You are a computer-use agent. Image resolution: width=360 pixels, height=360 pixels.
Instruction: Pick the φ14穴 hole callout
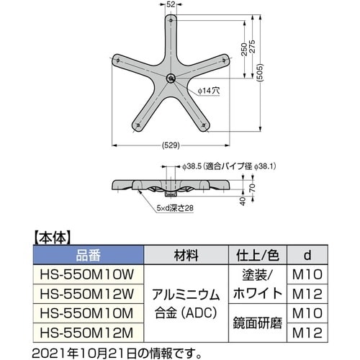209,91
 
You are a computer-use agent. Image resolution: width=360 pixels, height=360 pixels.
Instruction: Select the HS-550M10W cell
89,274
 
